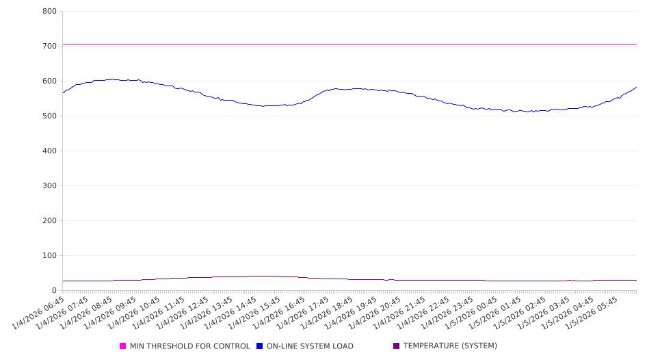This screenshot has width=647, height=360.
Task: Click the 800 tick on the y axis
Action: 49,12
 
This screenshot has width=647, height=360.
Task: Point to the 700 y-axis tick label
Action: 49,47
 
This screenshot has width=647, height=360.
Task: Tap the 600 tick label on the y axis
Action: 49,81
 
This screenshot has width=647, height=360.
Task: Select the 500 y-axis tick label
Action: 49,116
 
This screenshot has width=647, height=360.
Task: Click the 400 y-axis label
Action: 49,151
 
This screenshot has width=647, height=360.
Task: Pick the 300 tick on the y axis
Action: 49,186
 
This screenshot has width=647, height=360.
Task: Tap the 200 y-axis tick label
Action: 49,221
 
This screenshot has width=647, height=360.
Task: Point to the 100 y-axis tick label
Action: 49,256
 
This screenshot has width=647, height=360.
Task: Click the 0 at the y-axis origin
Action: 55,291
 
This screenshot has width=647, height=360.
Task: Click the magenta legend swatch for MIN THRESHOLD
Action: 123,346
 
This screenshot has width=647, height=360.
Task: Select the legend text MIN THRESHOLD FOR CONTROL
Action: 190,346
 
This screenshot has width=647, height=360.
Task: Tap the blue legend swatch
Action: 260,346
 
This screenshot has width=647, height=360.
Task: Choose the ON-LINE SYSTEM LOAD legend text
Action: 310,346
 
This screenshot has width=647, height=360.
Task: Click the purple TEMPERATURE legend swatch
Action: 397,346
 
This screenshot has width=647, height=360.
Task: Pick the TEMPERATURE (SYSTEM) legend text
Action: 450,346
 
